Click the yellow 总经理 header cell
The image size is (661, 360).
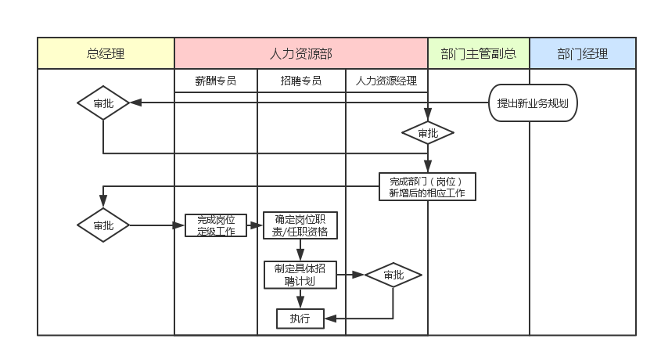click(x=106, y=54)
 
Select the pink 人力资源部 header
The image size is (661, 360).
click(x=300, y=54)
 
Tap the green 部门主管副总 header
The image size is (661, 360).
click(x=478, y=54)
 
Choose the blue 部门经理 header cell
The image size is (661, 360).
click(x=582, y=54)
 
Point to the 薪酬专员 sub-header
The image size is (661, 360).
click(x=215, y=81)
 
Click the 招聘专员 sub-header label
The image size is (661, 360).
click(x=301, y=81)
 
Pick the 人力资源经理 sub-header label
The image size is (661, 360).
click(x=386, y=81)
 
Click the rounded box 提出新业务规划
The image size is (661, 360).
click(x=533, y=103)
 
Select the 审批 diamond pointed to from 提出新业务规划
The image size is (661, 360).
click(x=102, y=103)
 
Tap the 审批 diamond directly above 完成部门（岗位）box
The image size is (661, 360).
click(x=427, y=133)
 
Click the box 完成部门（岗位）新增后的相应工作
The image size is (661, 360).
click(x=426, y=186)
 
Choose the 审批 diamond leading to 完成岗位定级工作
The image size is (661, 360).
click(x=102, y=225)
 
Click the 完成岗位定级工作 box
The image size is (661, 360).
click(x=215, y=225)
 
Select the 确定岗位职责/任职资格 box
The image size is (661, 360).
click(x=300, y=225)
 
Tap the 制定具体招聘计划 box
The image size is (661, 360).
click(x=300, y=275)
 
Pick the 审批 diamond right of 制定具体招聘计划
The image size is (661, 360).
click(x=393, y=275)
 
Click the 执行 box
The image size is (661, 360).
click(x=300, y=319)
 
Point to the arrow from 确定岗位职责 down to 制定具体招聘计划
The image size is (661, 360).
click(x=300, y=250)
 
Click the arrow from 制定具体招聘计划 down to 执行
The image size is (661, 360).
click(x=300, y=298)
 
